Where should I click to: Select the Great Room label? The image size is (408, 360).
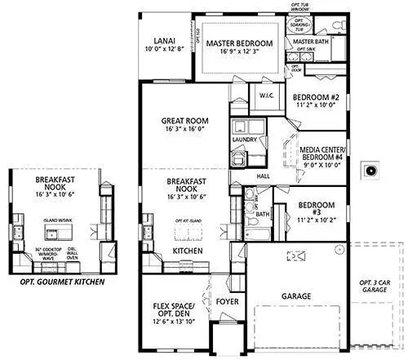pos(187,122)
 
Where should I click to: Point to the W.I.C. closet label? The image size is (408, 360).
pos(267,96)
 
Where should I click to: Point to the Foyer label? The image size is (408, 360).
pos(227,302)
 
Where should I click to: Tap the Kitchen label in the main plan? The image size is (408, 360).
pos(187,250)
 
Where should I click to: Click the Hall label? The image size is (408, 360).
pos(263,176)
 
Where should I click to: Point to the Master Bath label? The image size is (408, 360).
pos(310,41)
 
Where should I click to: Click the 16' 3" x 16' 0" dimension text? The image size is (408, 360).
pos(187,128)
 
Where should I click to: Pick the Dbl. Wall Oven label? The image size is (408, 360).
pos(96,254)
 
